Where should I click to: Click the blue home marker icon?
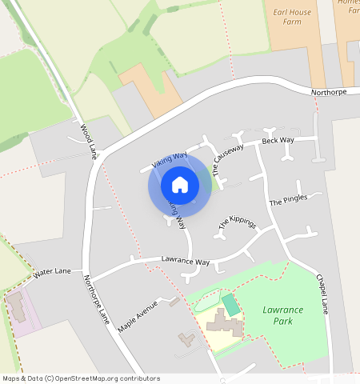[x=180, y=186]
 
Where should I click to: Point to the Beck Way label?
[x=278, y=141]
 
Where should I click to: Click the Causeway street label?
[x=228, y=160]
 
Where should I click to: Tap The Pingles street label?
[x=288, y=200]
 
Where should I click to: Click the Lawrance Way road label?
[x=185, y=262]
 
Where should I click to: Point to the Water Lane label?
[x=52, y=273]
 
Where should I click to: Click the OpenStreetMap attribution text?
[x=81, y=378]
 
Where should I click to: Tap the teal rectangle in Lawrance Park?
[x=230, y=305]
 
